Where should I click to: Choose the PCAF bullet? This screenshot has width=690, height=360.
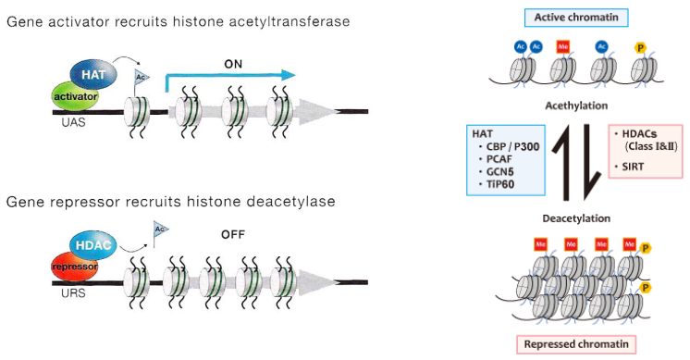499,158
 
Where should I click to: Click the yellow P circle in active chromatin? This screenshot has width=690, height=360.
640,46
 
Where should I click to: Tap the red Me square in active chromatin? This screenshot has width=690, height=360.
562,46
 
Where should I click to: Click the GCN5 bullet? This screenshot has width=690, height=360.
499,171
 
